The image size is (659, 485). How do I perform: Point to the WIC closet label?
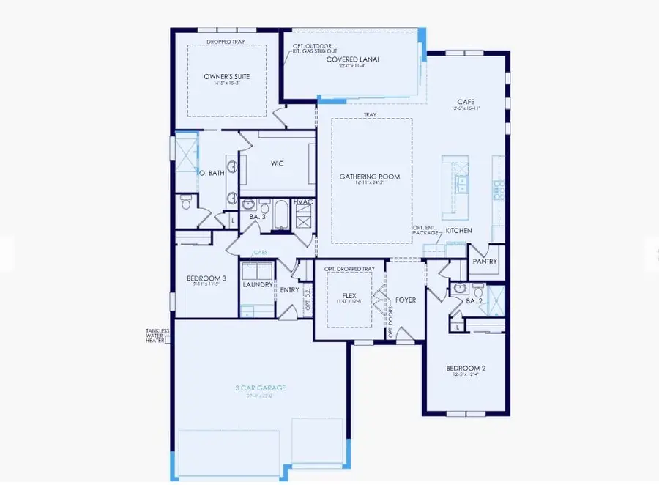coord(277,163)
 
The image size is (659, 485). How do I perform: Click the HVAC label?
coord(303,201)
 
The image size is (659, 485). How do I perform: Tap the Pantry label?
coord(485,261)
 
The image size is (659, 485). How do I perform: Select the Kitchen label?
coord(459,230)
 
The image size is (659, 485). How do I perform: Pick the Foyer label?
coord(406,299)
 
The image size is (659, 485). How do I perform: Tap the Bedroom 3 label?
coord(201,278)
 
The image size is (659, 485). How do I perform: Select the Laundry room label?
coord(257,285)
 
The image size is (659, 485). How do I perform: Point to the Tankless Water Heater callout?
coord(157,336)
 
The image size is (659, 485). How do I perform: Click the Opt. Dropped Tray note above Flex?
coord(350,269)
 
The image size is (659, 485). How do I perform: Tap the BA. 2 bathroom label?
coord(474,300)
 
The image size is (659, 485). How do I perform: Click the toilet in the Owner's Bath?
coord(186,204)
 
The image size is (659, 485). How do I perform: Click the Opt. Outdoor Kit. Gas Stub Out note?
coord(306,49)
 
